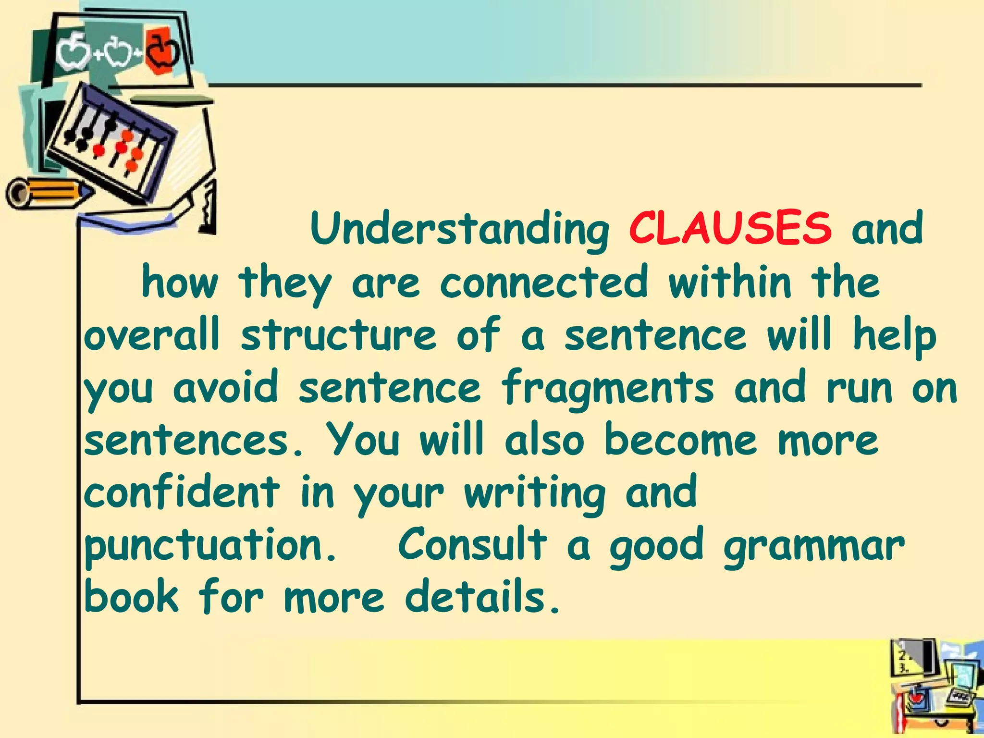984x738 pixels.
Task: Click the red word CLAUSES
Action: (x=730, y=228)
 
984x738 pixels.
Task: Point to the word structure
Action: (x=339, y=335)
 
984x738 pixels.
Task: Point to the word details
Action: (x=482, y=597)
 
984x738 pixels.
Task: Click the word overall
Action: (x=152, y=335)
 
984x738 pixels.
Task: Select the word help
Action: (x=895, y=336)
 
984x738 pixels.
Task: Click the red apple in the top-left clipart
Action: (x=162, y=52)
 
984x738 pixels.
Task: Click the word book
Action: (x=131, y=597)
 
